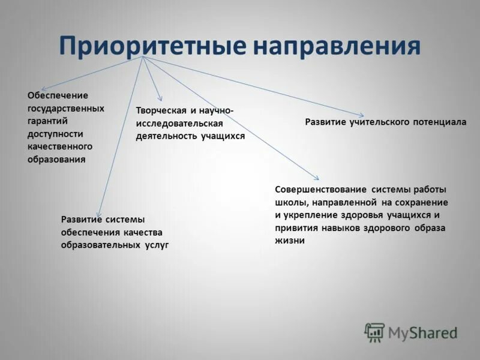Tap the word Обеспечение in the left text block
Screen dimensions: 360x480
point(58,95)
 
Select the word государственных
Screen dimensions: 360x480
point(66,109)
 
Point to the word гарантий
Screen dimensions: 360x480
point(49,121)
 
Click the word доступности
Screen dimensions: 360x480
point(55,134)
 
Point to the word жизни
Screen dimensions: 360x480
point(290,241)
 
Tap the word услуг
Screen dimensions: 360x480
point(157,245)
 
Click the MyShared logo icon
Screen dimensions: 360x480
point(374,332)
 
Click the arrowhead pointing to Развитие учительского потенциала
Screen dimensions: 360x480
point(362,115)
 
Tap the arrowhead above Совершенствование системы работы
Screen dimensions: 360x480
point(317,178)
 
